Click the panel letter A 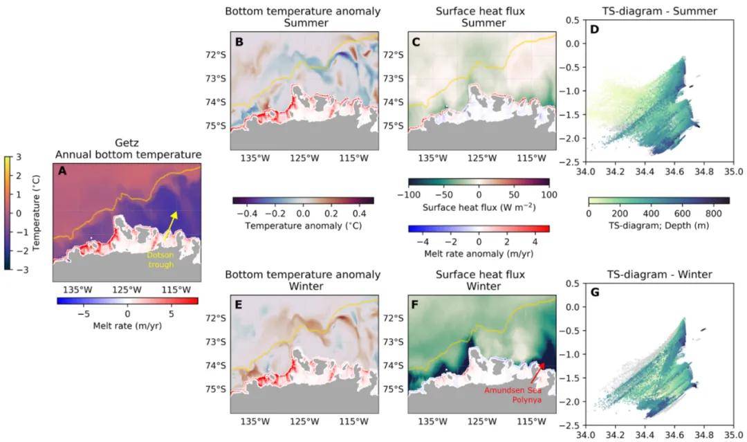coord(62,173)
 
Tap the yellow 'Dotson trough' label coord(163,259)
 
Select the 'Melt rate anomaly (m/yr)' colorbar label coord(479,254)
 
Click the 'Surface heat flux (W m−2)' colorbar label coord(479,207)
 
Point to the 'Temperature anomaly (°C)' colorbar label coord(304,225)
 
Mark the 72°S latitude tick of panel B coord(216,55)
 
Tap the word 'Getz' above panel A coord(127,143)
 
